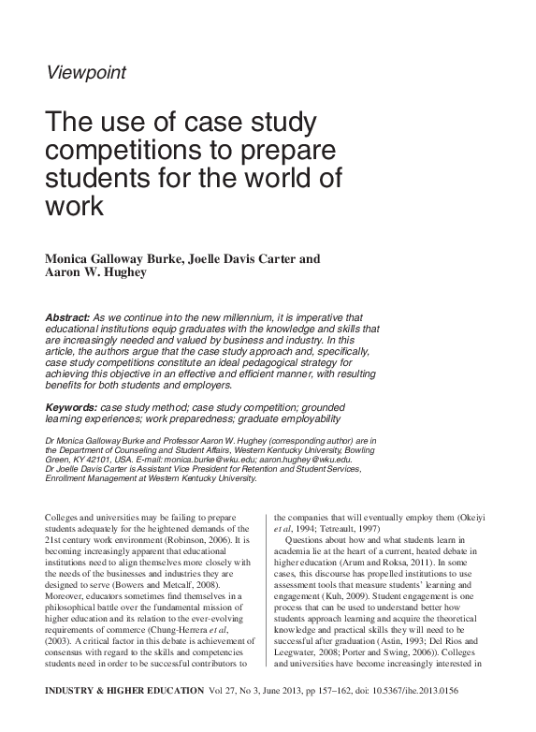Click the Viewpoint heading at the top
85,71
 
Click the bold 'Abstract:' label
67,318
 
